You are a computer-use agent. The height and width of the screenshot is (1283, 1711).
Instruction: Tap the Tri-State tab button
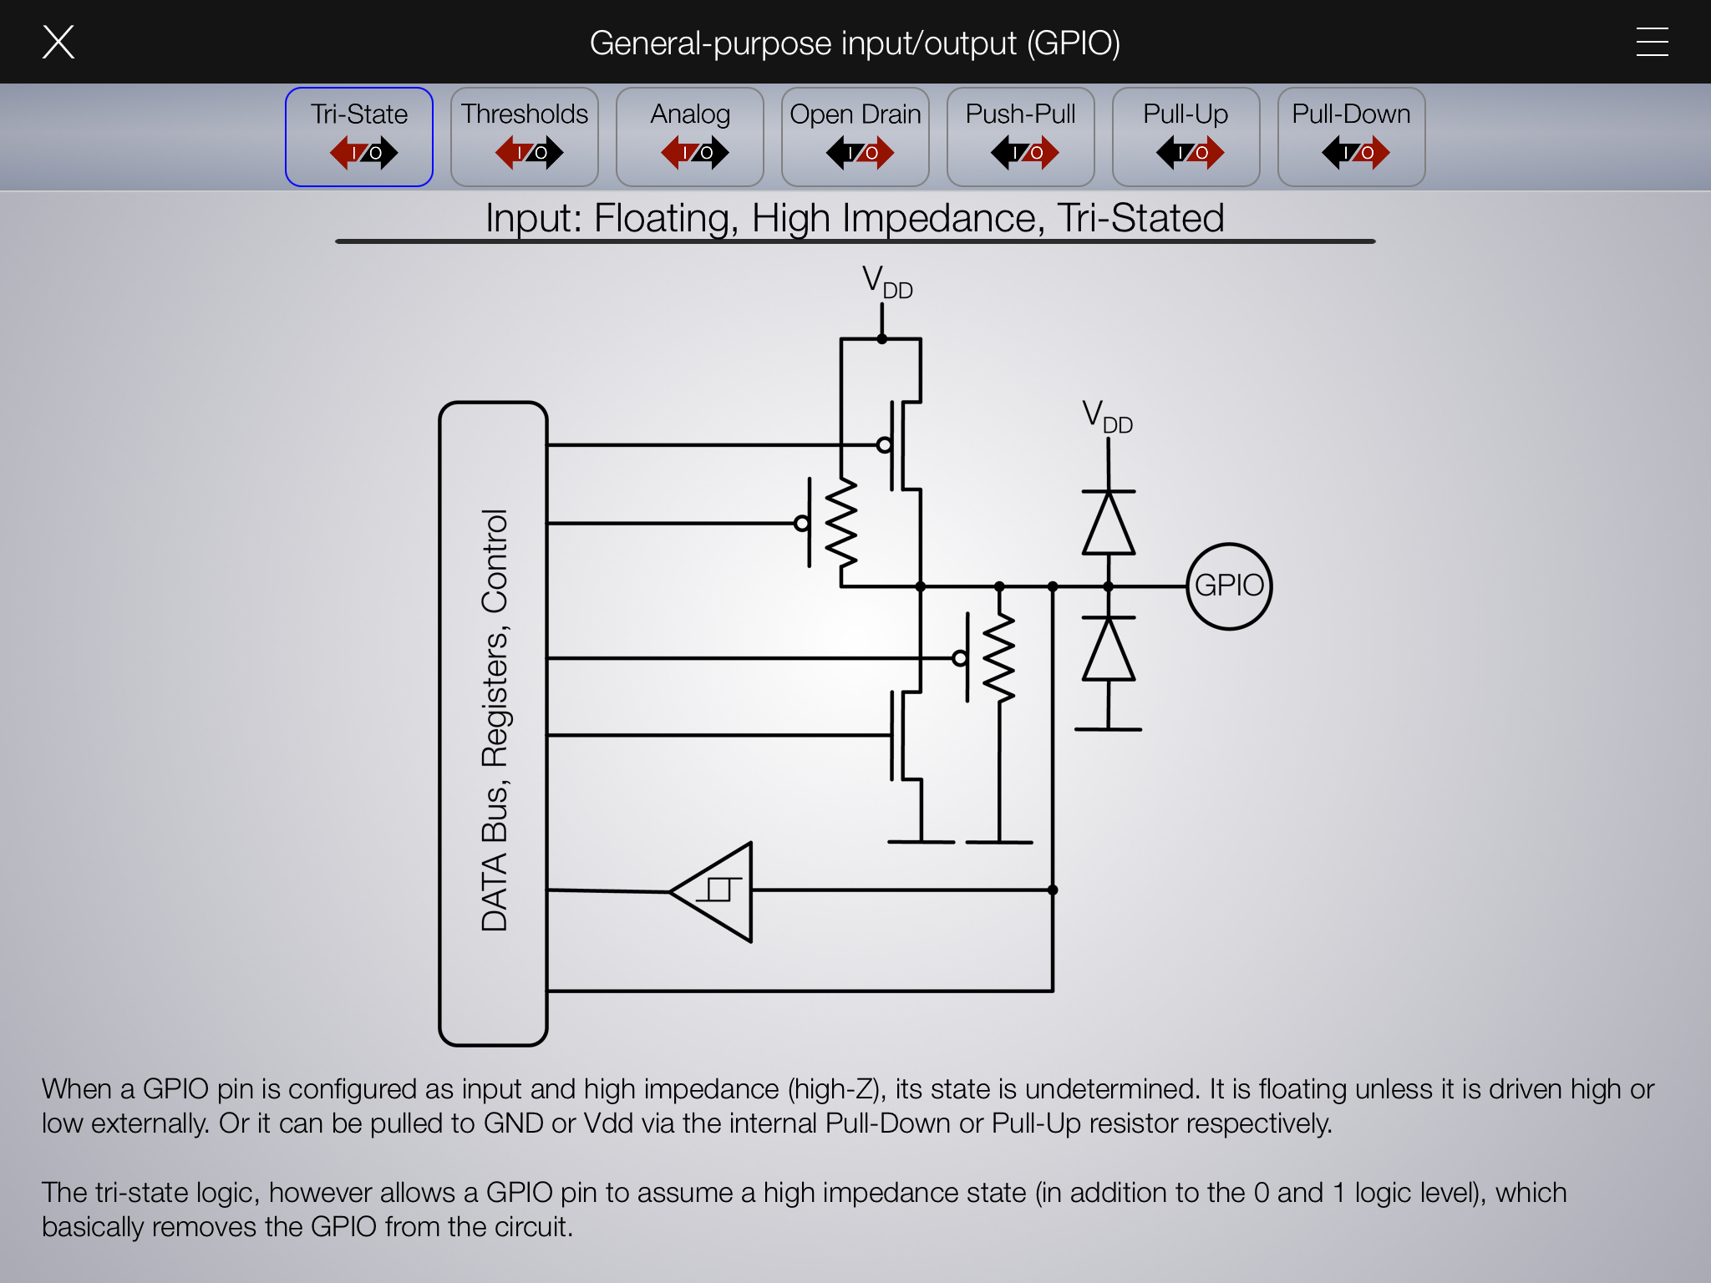359,137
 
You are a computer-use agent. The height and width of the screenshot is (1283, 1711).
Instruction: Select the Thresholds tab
525,137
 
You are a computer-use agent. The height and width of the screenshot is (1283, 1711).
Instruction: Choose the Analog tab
690,137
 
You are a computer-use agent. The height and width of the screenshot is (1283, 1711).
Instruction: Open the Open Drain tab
855,137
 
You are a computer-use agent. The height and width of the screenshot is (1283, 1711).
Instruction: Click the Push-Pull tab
1021,137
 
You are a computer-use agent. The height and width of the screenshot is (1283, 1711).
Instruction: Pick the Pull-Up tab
1186,137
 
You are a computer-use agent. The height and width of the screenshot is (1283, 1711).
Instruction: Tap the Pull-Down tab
1352,137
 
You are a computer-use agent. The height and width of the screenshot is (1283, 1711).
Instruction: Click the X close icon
58,42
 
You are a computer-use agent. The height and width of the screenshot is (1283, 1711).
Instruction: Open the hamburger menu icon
1652,42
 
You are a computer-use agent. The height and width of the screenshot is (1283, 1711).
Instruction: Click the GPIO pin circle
1229,545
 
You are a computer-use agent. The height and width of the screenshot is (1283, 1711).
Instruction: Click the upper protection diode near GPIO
1109,523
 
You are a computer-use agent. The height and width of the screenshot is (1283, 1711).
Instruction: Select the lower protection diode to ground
1109,649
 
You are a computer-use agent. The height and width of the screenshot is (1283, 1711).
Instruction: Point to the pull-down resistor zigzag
999,657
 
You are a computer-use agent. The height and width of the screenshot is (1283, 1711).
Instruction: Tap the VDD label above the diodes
1107,417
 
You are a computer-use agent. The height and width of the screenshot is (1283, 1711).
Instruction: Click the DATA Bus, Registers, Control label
494,720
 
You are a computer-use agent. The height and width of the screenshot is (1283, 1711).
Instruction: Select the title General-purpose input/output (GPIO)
855,43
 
